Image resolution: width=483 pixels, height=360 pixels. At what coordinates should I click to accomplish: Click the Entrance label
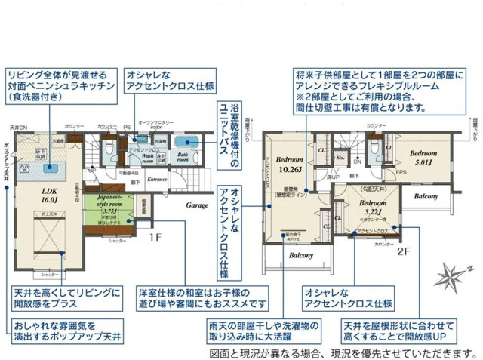pyautogui.click(x=158, y=179)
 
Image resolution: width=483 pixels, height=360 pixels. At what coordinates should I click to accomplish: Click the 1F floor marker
pyautogui.click(x=155, y=237)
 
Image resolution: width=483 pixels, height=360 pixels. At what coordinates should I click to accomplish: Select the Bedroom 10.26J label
pyautogui.click(x=290, y=165)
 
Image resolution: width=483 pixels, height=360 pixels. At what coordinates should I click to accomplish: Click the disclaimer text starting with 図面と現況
pyautogui.click(x=342, y=352)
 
